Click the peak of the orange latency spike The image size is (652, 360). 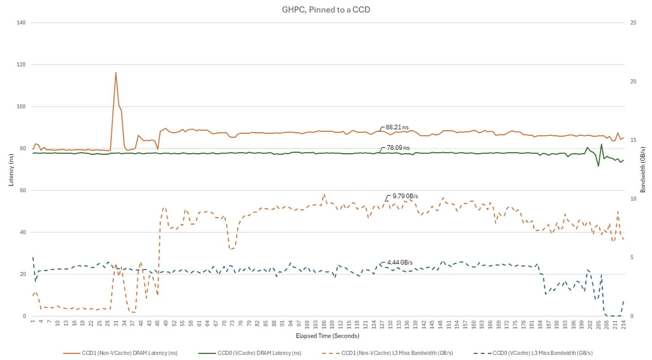pos(116,73)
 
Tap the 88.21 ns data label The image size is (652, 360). pos(398,127)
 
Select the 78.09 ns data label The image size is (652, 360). pos(398,147)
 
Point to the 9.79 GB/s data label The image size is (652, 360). pos(405,196)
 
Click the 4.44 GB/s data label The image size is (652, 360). pos(400,262)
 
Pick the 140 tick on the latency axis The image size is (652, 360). pos(21,23)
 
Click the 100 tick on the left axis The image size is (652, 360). pos(21,107)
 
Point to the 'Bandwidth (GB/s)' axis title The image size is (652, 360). pos(643,170)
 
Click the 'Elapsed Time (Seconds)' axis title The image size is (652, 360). pos(327,335)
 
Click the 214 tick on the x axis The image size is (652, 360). pos(623,325)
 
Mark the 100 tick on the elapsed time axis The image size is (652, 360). pos(307,325)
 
